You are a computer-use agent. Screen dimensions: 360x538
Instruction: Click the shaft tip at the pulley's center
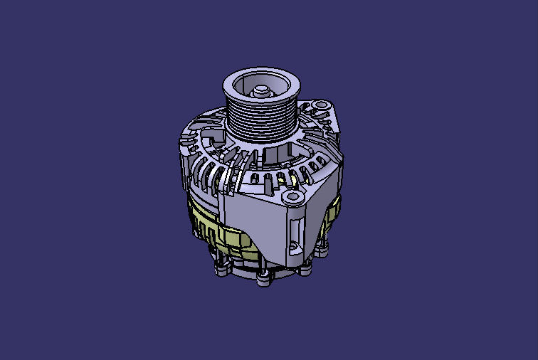pos(261,91)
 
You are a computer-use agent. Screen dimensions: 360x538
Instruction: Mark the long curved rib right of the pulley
pos(313,142)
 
